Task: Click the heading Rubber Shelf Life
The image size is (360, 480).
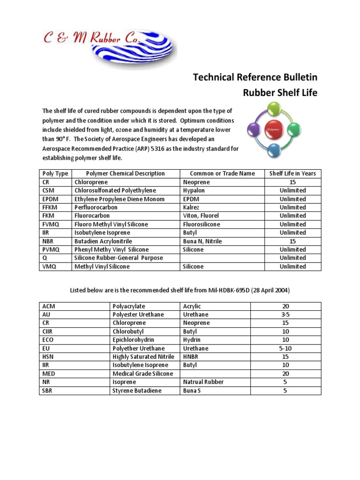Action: pos(280,93)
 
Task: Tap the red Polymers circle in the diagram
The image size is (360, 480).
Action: pos(273,128)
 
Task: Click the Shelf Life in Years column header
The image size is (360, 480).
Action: pos(292,173)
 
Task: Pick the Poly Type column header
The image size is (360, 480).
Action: pos(55,173)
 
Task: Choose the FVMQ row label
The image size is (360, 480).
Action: pos(51,224)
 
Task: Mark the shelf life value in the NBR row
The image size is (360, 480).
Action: pos(292,241)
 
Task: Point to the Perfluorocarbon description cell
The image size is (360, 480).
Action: pos(96,207)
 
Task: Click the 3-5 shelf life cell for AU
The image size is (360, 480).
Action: pos(285,315)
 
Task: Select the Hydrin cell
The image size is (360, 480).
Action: pos(192,340)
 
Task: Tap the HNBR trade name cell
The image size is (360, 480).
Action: pos(191,357)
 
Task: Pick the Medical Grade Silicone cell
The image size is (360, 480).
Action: pos(142,374)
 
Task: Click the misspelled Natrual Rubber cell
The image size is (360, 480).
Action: pos(203,382)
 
